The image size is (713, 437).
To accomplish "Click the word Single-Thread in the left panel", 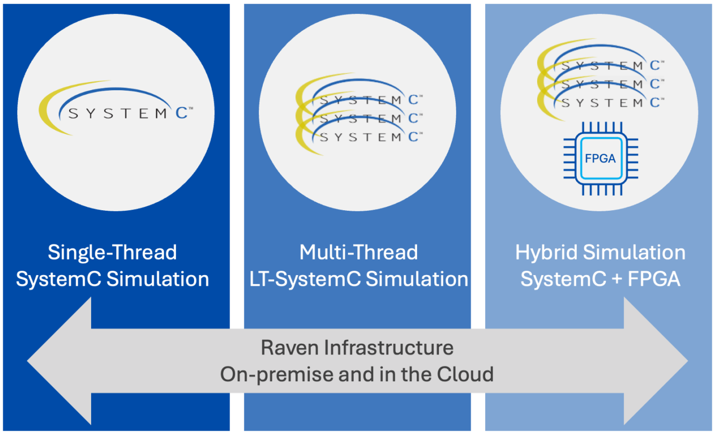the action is [113, 253].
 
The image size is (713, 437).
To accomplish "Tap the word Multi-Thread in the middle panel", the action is [359, 253].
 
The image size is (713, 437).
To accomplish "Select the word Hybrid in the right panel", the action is [546, 253].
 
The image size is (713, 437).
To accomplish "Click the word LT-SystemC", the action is [304, 279].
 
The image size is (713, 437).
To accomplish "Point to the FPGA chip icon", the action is [601, 158].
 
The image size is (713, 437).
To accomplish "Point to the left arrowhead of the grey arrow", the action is [59, 361].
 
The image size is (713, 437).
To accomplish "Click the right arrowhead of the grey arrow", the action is [656, 361].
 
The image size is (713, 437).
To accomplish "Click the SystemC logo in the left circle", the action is [116, 108].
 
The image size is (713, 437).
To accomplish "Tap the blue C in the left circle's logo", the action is [181, 113].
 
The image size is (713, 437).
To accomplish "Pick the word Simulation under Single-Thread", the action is [158, 279].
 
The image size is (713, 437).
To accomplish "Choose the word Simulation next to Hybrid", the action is [634, 253].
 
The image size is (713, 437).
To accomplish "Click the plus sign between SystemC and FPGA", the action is [617, 279].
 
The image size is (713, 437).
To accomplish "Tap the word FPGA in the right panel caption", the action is [654, 279].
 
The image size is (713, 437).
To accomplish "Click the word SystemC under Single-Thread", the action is [58, 279].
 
